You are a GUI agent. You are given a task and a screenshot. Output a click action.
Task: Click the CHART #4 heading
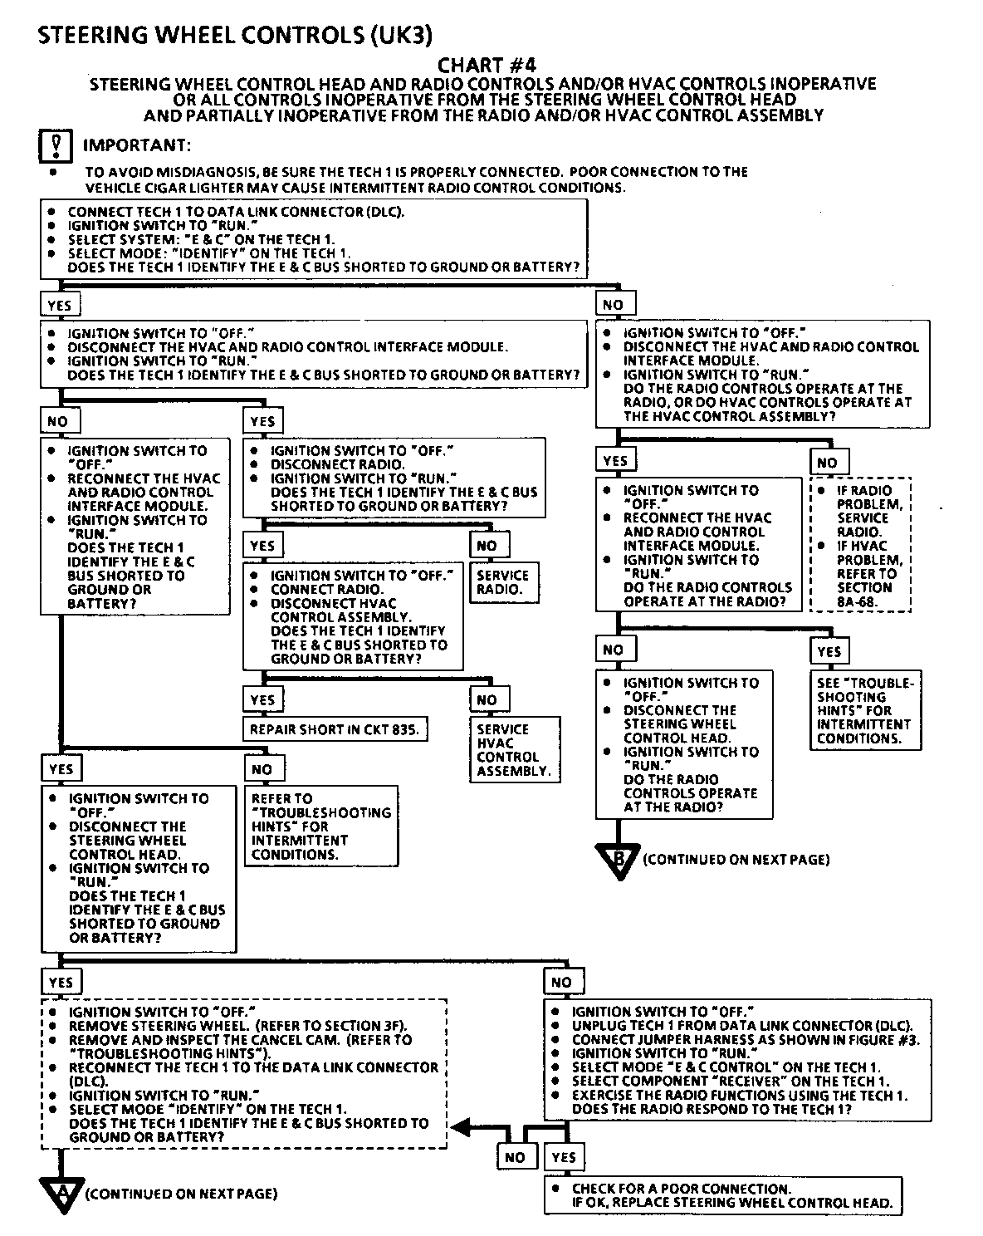[x=482, y=65]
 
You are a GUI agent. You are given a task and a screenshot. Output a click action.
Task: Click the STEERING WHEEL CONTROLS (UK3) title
[x=235, y=35]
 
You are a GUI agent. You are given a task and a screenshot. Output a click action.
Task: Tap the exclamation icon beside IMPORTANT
[x=56, y=146]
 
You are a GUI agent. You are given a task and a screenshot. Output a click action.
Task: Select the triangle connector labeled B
[x=619, y=860]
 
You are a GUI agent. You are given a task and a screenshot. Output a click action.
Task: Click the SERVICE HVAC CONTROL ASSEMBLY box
[x=514, y=750]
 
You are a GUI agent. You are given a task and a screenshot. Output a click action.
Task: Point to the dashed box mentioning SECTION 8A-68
[x=861, y=545]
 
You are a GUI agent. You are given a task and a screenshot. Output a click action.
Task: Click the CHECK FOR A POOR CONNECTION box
[x=722, y=1195]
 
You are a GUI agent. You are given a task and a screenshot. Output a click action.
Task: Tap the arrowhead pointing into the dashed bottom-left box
[x=458, y=1127]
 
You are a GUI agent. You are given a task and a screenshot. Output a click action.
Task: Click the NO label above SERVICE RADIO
[x=488, y=546]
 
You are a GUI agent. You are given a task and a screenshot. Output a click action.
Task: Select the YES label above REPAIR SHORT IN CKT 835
[x=262, y=699]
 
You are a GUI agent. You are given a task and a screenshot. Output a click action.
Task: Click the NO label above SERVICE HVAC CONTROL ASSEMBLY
[x=488, y=699]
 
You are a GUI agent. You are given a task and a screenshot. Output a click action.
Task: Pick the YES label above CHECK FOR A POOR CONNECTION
[x=564, y=1157]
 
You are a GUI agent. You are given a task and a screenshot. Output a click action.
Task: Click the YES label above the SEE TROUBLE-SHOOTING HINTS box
[x=829, y=651]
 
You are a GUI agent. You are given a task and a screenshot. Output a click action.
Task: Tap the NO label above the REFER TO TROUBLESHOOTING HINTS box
[x=262, y=769]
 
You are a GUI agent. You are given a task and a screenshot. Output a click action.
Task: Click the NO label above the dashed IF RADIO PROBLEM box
[x=828, y=463]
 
